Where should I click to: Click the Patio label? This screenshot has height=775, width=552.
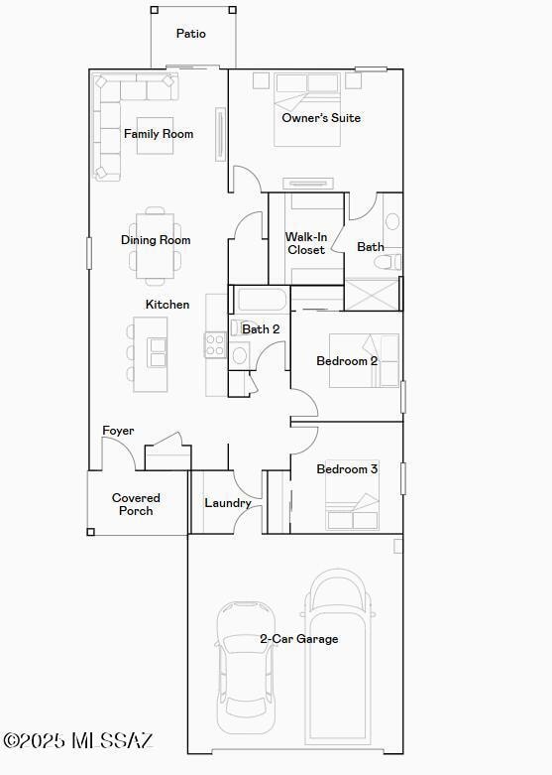pos(191,34)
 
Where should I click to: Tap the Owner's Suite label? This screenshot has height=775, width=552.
pos(321,118)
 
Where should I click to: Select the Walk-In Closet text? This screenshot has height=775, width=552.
pos(306,243)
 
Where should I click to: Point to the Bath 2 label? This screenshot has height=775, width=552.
pos(261,329)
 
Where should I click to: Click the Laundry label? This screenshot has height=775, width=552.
pos(228,503)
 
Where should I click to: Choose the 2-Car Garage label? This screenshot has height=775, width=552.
pos(299,639)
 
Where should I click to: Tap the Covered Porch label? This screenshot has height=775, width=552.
pos(136,504)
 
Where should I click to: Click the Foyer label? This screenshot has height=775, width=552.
pos(118,431)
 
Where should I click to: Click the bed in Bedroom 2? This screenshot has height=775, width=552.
pos(365,360)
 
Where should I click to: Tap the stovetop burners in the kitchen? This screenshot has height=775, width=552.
pos(216,345)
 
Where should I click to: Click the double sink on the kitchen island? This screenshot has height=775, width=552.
pos(158,352)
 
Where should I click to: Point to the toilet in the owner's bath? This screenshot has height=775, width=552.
pos(387,261)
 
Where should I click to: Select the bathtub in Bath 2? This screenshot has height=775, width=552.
pos(261,300)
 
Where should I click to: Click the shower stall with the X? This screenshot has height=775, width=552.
pos(371,295)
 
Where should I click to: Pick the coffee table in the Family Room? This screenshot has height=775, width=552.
pos(155,135)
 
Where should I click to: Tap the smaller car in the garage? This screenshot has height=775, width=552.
pos(245,667)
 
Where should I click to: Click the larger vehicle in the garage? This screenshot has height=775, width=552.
pos(338,657)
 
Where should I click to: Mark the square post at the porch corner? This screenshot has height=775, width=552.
pos(90,532)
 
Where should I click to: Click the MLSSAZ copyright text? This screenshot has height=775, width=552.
pos(78,740)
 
